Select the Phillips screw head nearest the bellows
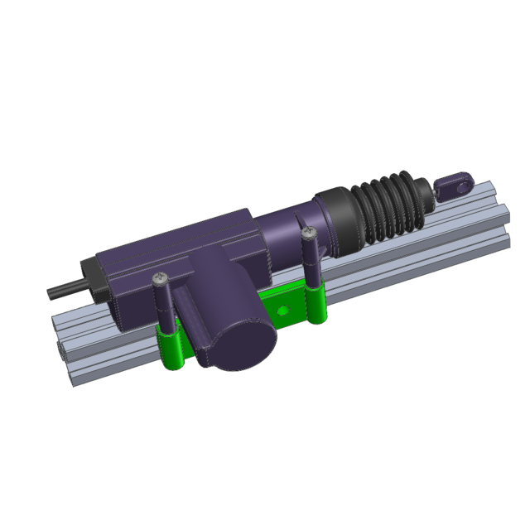coord(308,234)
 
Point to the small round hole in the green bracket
coord(285,310)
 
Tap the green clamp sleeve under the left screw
coord(171,348)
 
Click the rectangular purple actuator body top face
coord(178,240)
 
